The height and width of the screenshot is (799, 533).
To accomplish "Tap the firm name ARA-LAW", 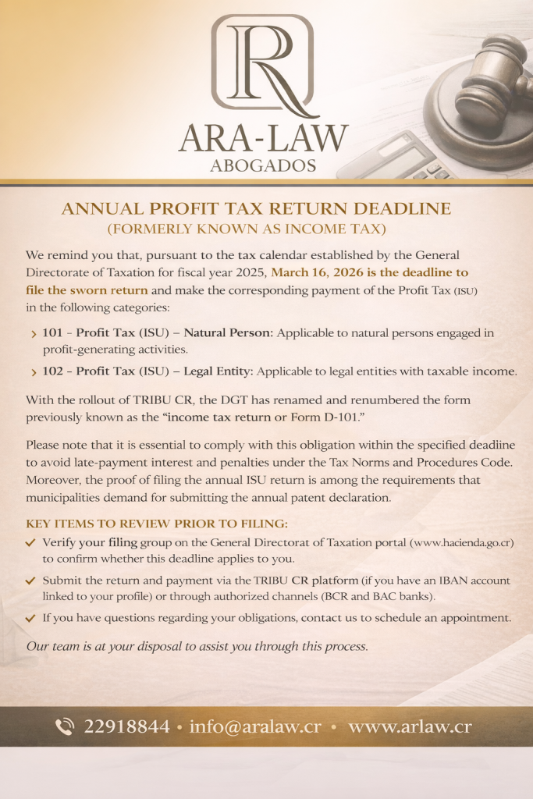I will [263, 139].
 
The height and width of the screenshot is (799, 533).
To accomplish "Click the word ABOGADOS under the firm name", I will [263, 166].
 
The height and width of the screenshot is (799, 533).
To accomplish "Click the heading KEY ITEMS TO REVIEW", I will [157, 523].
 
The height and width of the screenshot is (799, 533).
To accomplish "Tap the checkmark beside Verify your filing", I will [30, 542].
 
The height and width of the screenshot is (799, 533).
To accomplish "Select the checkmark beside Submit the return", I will [30, 581].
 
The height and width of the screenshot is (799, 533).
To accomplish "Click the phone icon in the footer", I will [65, 727].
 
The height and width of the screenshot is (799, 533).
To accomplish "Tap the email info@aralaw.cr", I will [254, 727].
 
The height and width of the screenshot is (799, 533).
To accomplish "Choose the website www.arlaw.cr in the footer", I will [410, 727].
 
